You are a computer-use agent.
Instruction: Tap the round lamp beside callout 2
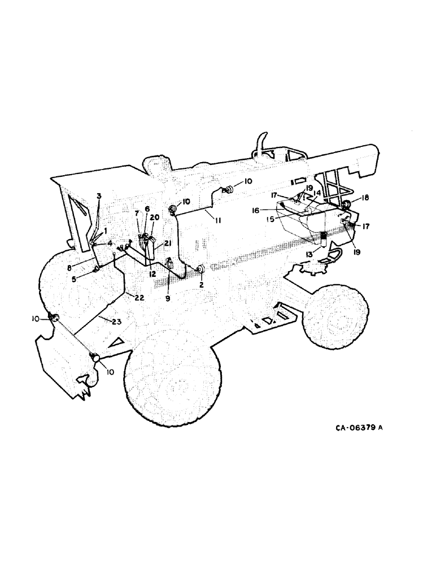[199, 271]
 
